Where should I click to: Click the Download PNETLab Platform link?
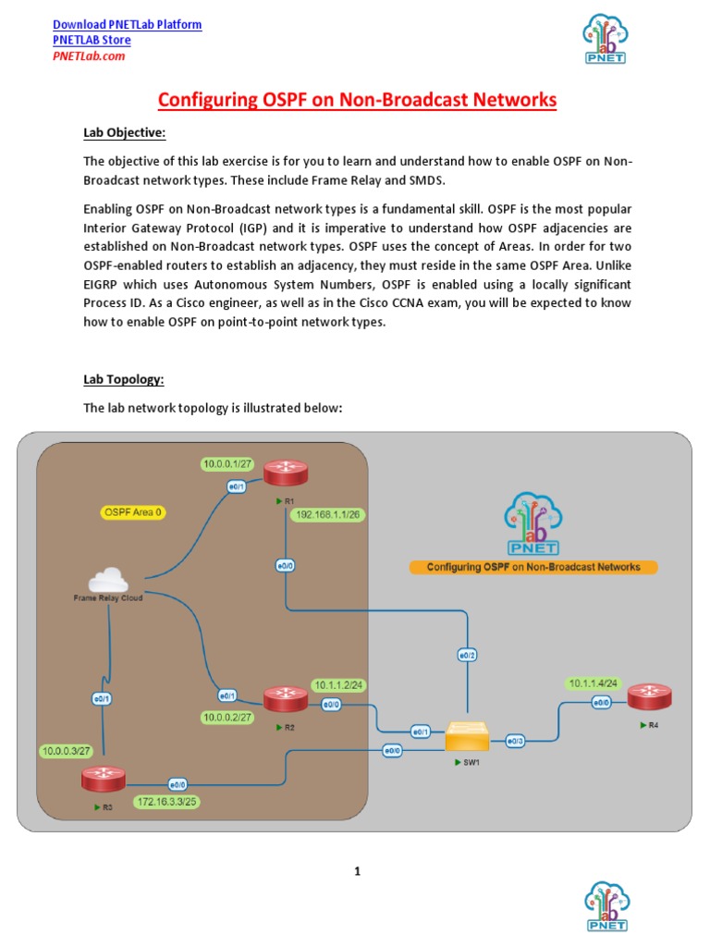pos(127,24)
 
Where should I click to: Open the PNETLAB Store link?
pos(92,40)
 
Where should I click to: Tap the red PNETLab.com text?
pos(88,55)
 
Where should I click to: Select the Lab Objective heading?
pos(125,133)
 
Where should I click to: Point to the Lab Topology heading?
pos(124,379)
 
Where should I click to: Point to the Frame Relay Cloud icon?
pos(109,581)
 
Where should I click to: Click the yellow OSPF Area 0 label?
pos(133,511)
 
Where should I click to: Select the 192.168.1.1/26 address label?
pos(328,514)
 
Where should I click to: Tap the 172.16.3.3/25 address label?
pos(166,801)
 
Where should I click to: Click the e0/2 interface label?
pos(468,656)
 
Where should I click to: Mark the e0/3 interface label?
pos(515,740)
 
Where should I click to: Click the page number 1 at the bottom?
pos(356,871)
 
